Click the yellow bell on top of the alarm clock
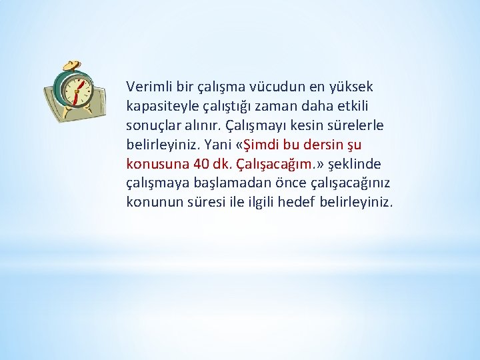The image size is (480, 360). (x=72, y=65)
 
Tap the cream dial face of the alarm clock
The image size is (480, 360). (x=78, y=92)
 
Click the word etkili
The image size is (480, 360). (x=352, y=106)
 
